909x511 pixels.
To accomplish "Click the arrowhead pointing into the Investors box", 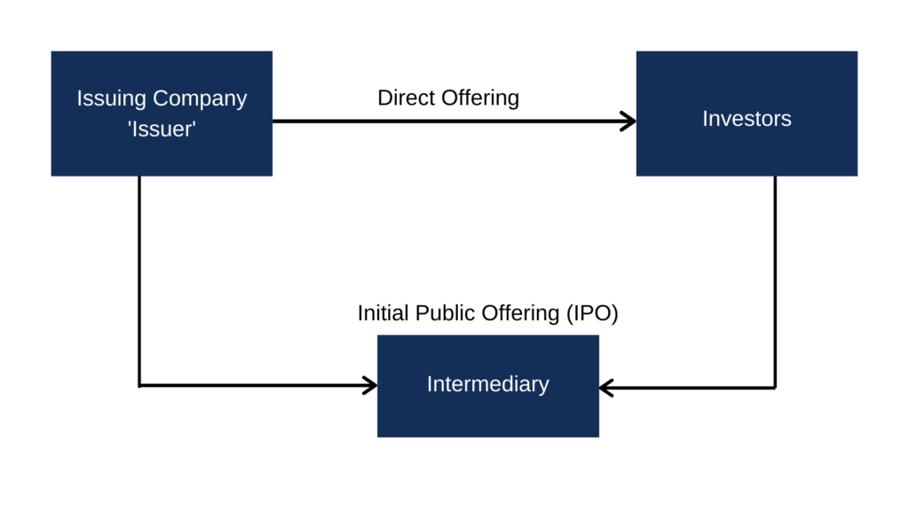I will (x=628, y=122).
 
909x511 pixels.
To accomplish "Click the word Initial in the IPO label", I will (x=383, y=313).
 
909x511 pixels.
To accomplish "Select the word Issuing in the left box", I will (x=112, y=98).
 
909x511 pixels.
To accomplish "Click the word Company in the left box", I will (x=200, y=98).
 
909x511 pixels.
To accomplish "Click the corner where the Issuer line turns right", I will (x=139, y=385).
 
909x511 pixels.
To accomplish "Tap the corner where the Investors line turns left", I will (x=775, y=388).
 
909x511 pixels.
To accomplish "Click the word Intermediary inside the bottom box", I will (x=487, y=384).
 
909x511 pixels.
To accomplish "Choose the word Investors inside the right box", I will (x=747, y=118).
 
